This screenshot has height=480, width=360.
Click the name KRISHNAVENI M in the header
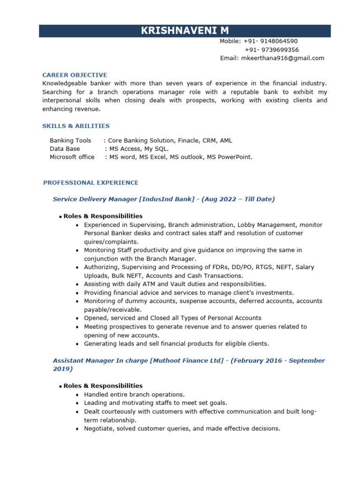(x=185, y=31)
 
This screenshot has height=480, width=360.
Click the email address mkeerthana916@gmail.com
(x=282, y=58)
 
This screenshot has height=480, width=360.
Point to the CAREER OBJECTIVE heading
(x=75, y=75)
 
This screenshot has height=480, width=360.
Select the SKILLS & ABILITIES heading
(x=76, y=126)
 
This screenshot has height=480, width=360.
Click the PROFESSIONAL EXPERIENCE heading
(x=91, y=182)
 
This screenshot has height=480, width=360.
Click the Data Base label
(x=65, y=149)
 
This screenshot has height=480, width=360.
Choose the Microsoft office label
(x=72, y=157)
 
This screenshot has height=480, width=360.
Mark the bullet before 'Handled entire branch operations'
(x=77, y=395)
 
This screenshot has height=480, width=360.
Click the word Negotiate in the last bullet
(x=98, y=428)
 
